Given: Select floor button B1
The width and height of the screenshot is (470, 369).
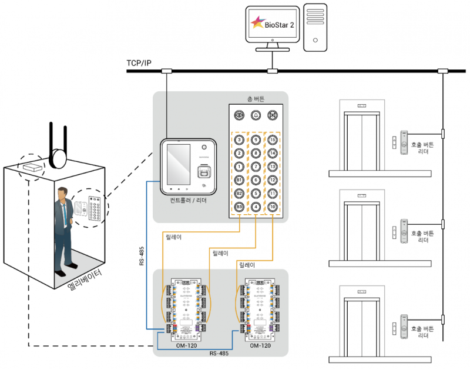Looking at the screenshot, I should pyautogui.click(x=239, y=179).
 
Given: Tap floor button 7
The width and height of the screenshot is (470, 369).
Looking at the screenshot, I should pyautogui.click(x=256, y=167).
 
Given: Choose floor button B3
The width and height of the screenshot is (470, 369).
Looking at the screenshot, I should pyautogui.click(x=239, y=207).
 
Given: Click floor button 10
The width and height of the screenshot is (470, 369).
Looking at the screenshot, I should pyautogui.click(x=272, y=207).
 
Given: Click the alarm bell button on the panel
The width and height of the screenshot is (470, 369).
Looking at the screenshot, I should pyautogui.click(x=256, y=115).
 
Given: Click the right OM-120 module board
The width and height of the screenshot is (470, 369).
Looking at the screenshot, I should pyautogui.click(x=259, y=309).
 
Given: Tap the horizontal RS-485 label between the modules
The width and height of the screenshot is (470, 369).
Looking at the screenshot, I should pyautogui.click(x=219, y=354).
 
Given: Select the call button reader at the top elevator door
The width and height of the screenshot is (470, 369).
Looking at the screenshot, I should pyautogui.click(x=404, y=142).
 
